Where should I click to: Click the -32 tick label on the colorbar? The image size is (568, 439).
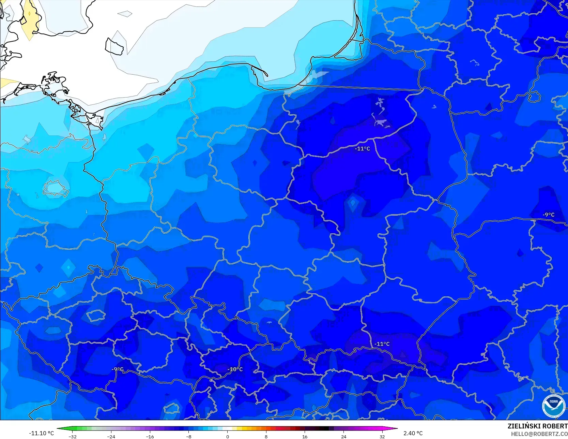(73, 436)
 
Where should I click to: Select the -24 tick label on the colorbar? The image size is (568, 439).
(111, 436)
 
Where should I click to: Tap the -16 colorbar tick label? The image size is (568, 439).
(150, 436)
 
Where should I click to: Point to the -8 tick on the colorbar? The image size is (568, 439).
(189, 436)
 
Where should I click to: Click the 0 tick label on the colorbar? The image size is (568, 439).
(228, 436)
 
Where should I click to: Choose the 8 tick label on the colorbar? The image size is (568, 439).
(266, 436)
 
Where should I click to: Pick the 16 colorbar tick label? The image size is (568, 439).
(305, 436)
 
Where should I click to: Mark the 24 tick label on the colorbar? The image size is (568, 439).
(343, 436)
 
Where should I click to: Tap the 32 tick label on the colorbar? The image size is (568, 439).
(382, 436)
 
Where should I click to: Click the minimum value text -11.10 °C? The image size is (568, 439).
(42, 433)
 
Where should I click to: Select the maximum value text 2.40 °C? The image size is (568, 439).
(413, 433)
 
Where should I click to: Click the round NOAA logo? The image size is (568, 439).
(554, 406)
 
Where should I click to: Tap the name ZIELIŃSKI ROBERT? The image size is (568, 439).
(537, 426)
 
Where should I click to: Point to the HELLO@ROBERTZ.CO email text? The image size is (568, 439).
(539, 434)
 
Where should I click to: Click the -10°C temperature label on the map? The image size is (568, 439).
(235, 369)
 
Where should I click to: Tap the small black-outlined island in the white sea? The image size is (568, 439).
(114, 46)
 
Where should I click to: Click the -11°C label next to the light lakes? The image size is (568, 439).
(362, 149)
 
